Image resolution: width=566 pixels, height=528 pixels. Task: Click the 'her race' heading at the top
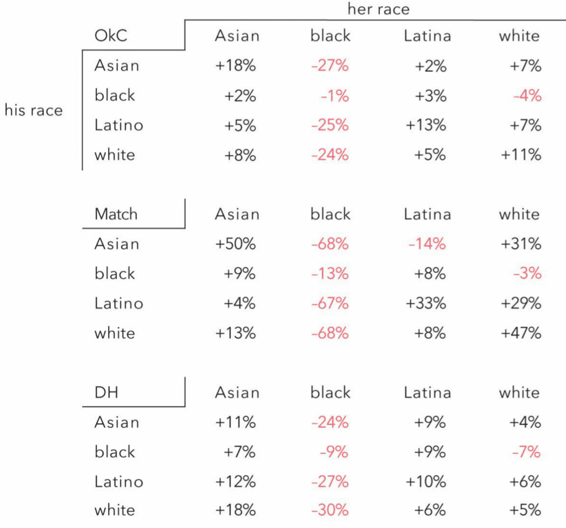(x=379, y=9)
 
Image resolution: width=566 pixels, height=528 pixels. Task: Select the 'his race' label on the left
(x=33, y=110)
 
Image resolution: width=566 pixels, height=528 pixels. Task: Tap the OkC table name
(x=111, y=36)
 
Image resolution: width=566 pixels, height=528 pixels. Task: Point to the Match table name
(x=116, y=214)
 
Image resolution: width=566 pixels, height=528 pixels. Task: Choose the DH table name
(x=106, y=392)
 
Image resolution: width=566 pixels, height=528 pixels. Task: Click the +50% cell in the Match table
(x=235, y=244)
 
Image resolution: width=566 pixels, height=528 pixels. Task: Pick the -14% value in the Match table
(x=427, y=244)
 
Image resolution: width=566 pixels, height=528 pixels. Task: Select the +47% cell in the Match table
(x=521, y=333)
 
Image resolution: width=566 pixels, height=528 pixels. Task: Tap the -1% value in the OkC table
(x=335, y=96)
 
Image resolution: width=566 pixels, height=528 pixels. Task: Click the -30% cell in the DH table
(x=330, y=510)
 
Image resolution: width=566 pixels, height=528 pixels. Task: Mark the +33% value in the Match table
(x=426, y=303)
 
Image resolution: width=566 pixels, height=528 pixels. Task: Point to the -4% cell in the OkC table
(x=528, y=96)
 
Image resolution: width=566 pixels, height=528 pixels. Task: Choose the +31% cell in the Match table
(x=521, y=244)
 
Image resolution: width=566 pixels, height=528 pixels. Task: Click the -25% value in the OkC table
(x=330, y=125)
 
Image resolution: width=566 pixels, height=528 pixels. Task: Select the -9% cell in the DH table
(x=334, y=452)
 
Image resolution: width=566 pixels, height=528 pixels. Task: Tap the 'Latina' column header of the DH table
(x=427, y=393)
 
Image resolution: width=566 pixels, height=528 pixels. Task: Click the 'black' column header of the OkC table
(x=331, y=36)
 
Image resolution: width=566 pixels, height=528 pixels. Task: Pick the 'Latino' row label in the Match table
(x=119, y=303)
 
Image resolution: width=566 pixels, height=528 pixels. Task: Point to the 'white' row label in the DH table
(x=115, y=510)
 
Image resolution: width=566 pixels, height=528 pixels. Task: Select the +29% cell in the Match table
(x=521, y=303)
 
